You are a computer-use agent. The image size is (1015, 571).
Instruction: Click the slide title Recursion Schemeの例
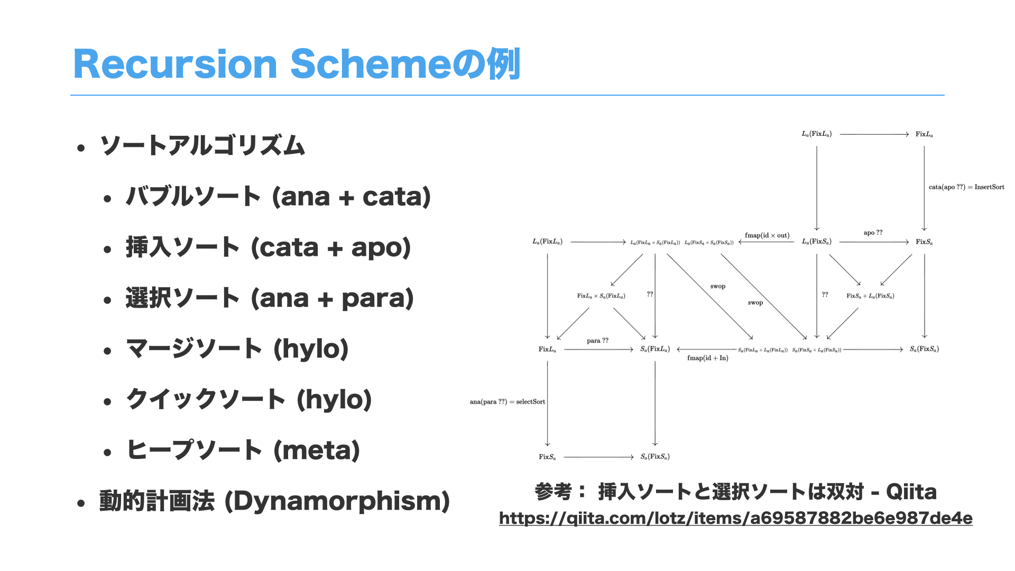pyautogui.click(x=297, y=64)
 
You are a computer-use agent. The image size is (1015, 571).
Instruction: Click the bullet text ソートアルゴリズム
pyautogui.click(x=202, y=145)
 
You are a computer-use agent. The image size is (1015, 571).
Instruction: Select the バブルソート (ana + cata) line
pyautogui.click(x=278, y=197)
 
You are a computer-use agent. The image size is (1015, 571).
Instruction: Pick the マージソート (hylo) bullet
pyautogui.click(x=237, y=349)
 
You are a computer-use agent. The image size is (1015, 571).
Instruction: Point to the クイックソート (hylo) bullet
pyautogui.click(x=249, y=400)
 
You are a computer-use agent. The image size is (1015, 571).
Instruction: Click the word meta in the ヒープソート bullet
pyautogui.click(x=317, y=450)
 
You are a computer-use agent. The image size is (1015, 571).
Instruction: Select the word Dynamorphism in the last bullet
pyautogui.click(x=337, y=501)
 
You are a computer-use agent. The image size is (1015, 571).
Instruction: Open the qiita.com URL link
pyautogui.click(x=735, y=518)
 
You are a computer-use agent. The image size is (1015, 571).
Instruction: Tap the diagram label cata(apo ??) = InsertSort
pyautogui.click(x=966, y=187)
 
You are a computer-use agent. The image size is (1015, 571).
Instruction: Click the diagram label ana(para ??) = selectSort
pyautogui.click(x=507, y=402)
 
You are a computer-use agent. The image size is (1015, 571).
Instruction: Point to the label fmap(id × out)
pyautogui.click(x=767, y=235)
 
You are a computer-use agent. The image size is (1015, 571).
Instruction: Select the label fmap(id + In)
pyautogui.click(x=707, y=358)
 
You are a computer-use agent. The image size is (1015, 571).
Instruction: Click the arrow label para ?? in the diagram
pyautogui.click(x=597, y=340)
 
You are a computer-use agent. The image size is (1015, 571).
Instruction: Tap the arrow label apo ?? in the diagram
pyautogui.click(x=873, y=233)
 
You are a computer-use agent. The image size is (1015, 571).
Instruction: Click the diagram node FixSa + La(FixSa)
pyautogui.click(x=870, y=296)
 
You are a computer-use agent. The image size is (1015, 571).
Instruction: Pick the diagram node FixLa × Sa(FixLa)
pyautogui.click(x=601, y=296)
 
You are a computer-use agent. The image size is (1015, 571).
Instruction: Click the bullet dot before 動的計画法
pyautogui.click(x=81, y=503)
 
